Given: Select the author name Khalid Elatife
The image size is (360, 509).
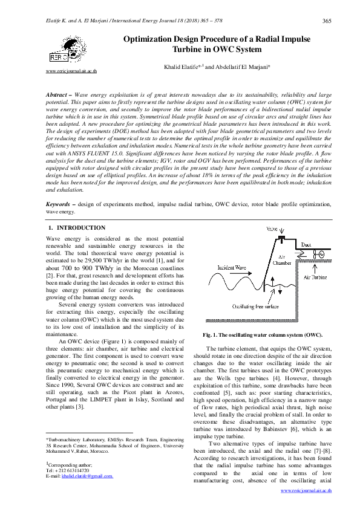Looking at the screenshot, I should [180, 67].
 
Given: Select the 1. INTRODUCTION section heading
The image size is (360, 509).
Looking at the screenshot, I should [76, 228].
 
